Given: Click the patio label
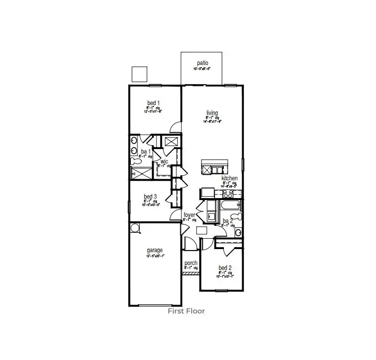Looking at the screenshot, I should [202, 63].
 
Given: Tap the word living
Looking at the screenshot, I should [212, 113].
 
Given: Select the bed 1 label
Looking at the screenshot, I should [153, 103].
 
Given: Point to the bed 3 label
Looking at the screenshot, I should [151, 196].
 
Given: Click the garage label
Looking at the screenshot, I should [155, 251].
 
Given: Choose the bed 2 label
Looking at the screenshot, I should [225, 268].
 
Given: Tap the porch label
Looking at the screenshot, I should [191, 263].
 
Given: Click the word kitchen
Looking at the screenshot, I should [229, 178].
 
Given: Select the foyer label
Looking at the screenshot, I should [189, 215].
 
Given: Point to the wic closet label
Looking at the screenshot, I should [163, 161].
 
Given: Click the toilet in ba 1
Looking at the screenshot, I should [134, 160].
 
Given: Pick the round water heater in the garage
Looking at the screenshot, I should [135, 227].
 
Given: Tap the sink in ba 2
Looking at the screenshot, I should [238, 232].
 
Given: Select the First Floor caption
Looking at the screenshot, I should [186, 311].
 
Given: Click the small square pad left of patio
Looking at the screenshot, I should [140, 73].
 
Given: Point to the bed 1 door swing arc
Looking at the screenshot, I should [175, 128].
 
